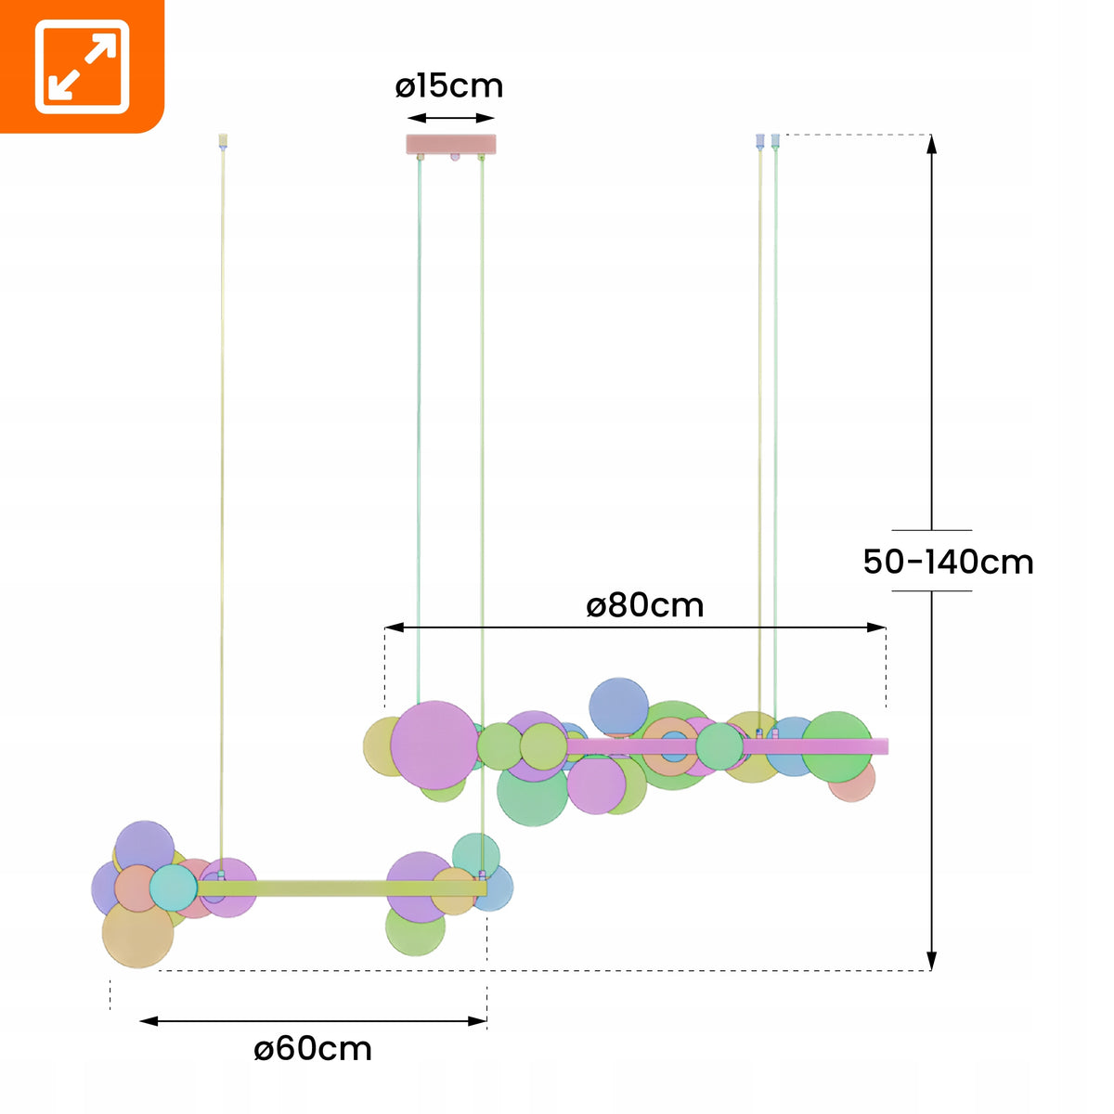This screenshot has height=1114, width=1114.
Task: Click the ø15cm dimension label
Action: pyautogui.click(x=448, y=86)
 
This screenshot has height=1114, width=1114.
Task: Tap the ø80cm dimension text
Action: pyautogui.click(x=644, y=605)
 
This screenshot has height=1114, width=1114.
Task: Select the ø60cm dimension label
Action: pyautogui.click(x=312, y=1049)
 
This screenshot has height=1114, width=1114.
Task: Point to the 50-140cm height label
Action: pyautogui.click(x=948, y=562)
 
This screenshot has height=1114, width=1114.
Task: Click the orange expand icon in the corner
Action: pyautogui.click(x=82, y=67)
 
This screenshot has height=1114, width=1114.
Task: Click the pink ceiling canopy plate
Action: pyautogui.click(x=451, y=144)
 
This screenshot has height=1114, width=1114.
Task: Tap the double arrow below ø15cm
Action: pyautogui.click(x=451, y=119)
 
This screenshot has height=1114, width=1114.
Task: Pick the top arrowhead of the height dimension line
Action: pyautogui.click(x=931, y=144)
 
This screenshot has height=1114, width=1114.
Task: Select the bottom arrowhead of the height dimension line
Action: pyautogui.click(x=931, y=960)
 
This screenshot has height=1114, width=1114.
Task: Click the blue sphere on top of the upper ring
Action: pyautogui.click(x=618, y=707)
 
